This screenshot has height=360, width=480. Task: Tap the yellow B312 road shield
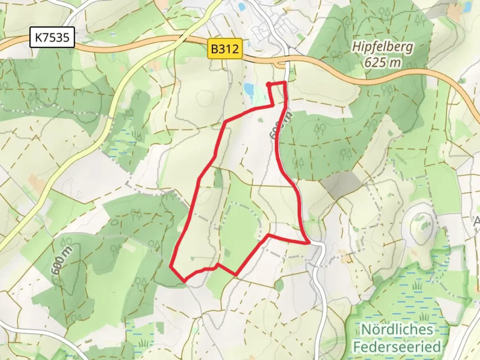tap(225, 49)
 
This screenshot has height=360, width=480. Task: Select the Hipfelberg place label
tap(382, 47)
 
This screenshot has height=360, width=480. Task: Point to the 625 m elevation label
tap(382, 62)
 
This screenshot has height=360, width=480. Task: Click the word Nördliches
tap(397, 329)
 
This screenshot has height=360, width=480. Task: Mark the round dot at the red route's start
tap(268, 84)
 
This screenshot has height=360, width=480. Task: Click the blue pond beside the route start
tap(249, 89)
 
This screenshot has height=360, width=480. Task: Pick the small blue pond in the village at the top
tap(241, 6)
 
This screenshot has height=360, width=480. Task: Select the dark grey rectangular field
tap(341, 183)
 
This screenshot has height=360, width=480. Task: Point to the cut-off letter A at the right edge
tap(477, 221)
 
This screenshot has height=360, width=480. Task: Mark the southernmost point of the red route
tap(184, 281)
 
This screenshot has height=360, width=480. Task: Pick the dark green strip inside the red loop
tap(218, 178)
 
